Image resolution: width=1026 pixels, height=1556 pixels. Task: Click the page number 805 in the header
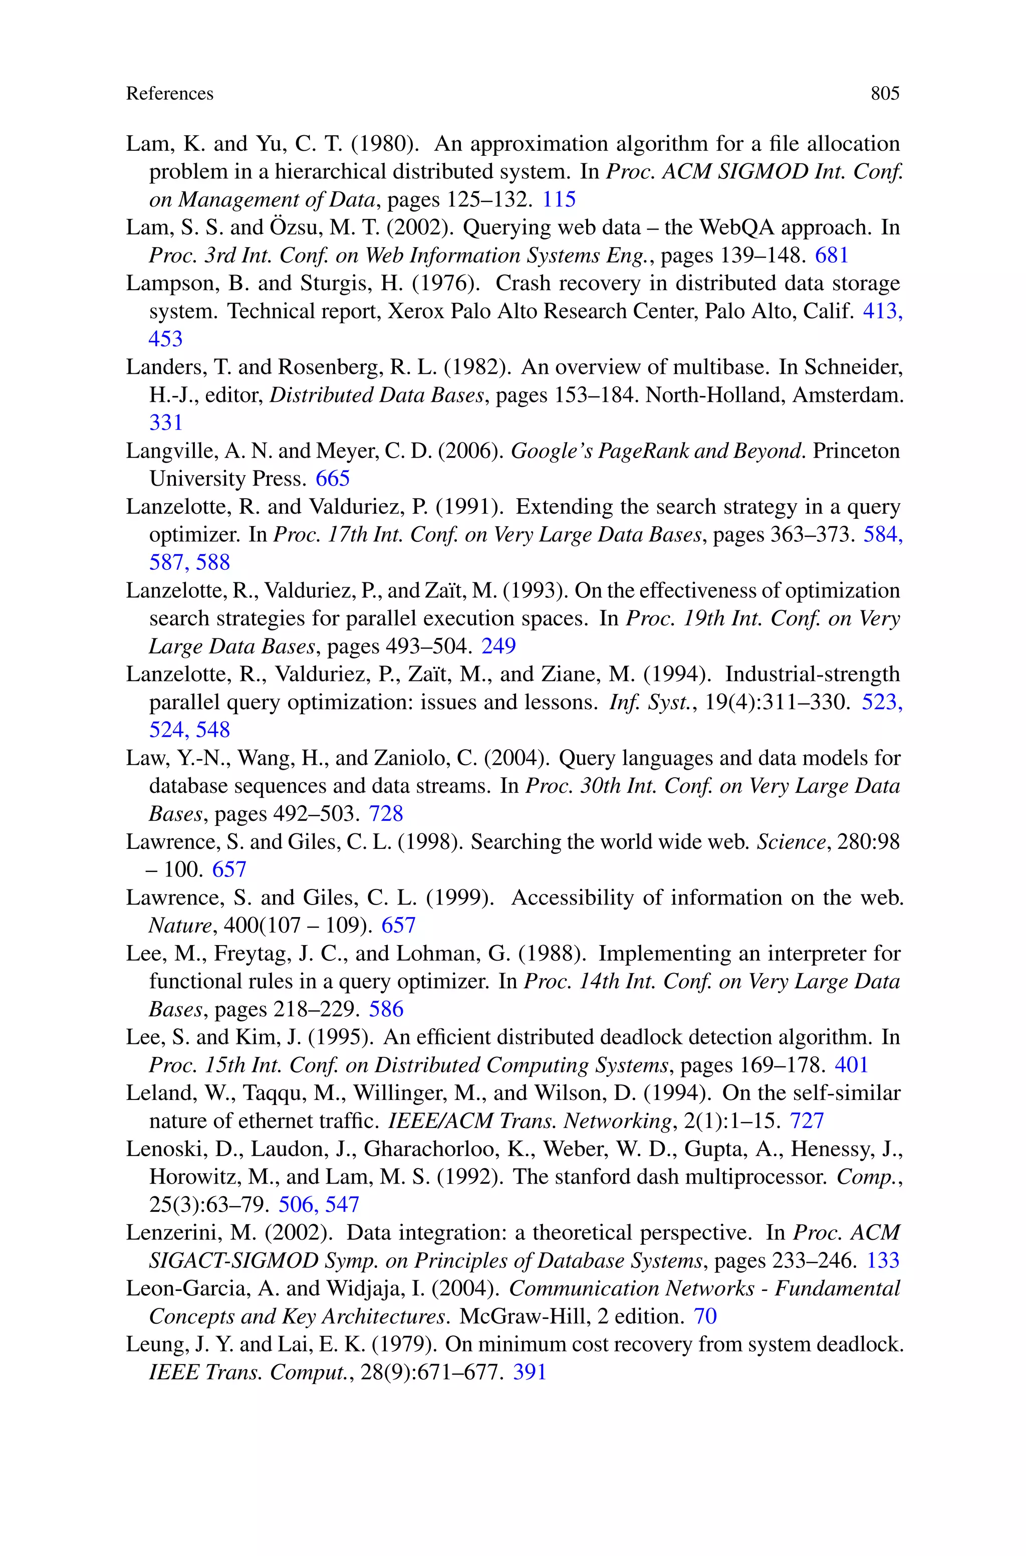point(885,94)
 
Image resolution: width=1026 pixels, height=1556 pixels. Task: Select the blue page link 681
point(832,255)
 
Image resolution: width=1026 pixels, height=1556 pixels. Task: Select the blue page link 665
point(333,478)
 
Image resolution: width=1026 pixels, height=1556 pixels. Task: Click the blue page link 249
point(498,646)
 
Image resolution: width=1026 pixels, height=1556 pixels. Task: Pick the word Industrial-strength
point(813,674)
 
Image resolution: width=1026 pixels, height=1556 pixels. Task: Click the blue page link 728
point(386,813)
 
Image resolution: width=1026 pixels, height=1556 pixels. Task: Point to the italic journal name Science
point(791,841)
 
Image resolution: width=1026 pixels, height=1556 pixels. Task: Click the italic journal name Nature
point(180,925)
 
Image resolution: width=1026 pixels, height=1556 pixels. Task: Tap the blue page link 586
point(386,1008)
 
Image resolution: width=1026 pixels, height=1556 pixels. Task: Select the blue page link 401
point(851,1064)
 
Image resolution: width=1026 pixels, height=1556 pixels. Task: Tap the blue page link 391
point(530,1372)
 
